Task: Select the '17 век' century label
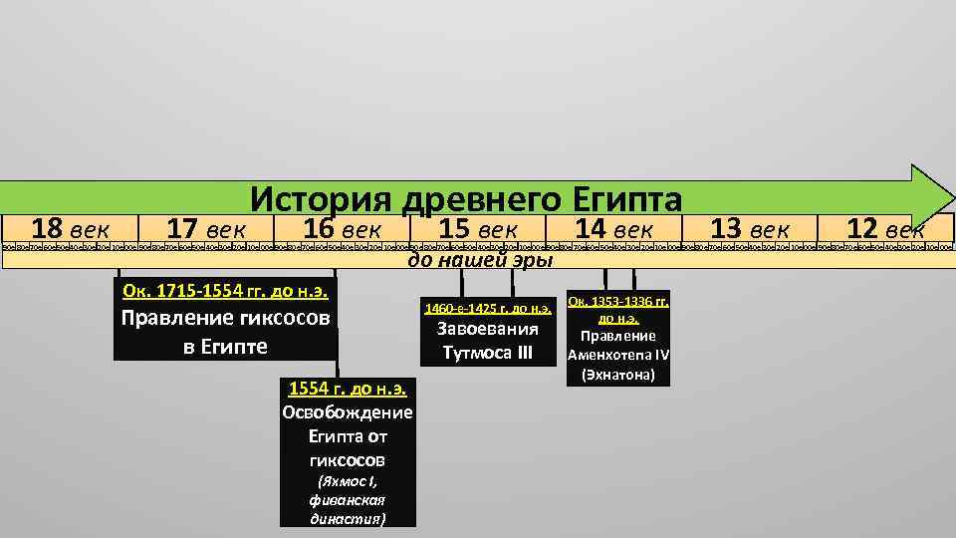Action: pyautogui.click(x=205, y=227)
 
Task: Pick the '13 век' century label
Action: pyautogui.click(x=752, y=227)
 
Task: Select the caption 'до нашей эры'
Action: pyautogui.click(x=478, y=261)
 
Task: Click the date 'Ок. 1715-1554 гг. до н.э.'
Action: pyautogui.click(x=225, y=291)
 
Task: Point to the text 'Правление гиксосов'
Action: pyautogui.click(x=225, y=320)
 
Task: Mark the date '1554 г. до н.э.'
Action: pyautogui.click(x=349, y=389)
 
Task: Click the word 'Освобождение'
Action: pyautogui.click(x=349, y=412)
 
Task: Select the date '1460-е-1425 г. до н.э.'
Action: pyautogui.click(x=488, y=307)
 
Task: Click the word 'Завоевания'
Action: pyautogui.click(x=488, y=330)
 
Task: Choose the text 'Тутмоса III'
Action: pyautogui.click(x=488, y=353)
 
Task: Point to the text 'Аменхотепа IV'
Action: pyautogui.click(x=618, y=355)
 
